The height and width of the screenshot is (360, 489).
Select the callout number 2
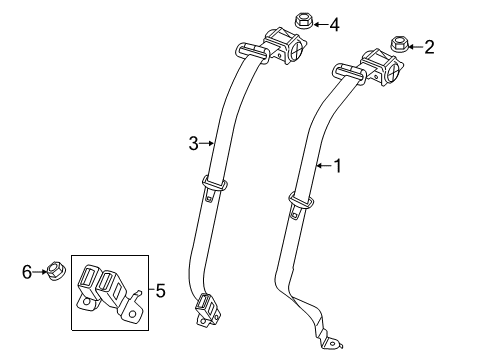click(x=430, y=46)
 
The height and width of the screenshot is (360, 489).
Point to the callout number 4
click(x=334, y=24)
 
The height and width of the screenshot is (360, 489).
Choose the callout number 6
click(x=27, y=270)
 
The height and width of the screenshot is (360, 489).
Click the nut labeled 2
click(x=399, y=44)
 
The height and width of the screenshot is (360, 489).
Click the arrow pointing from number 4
click(x=320, y=23)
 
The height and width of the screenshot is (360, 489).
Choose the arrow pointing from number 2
click(x=416, y=46)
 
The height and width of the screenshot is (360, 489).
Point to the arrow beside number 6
click(x=40, y=270)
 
